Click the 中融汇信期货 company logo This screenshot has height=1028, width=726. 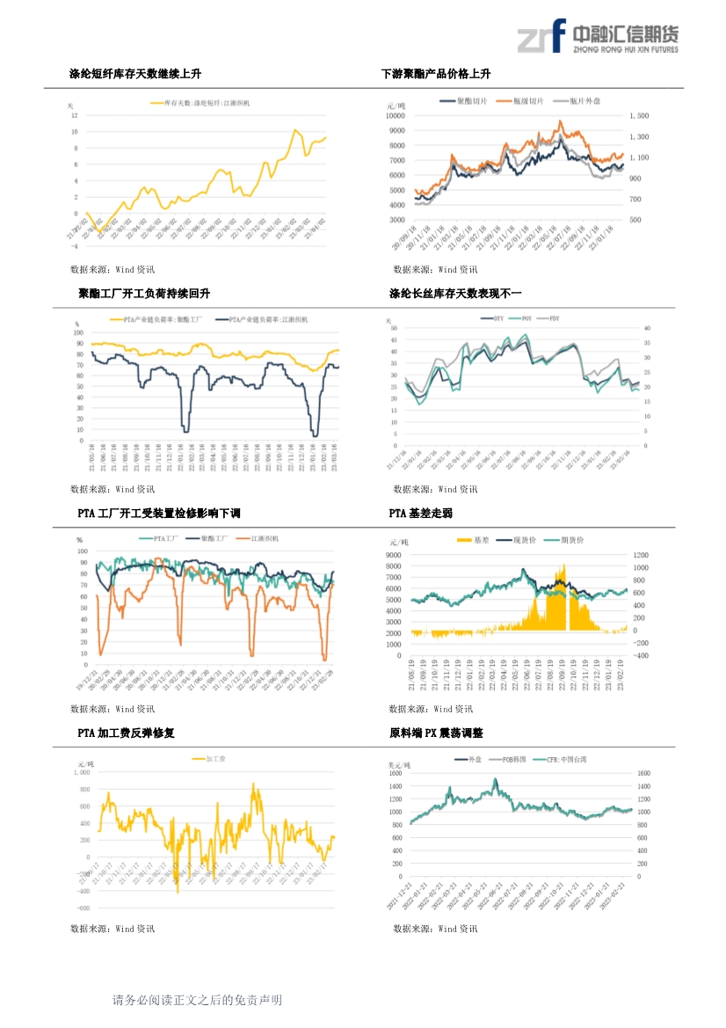coord(597,38)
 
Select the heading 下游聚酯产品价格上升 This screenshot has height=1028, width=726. coord(436,74)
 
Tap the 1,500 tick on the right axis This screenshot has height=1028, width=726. coord(639,115)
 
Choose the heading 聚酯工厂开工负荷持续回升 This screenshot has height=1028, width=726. coord(145,293)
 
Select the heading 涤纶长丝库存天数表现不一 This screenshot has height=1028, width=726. coord(455,293)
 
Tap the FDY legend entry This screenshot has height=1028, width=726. coord(554,317)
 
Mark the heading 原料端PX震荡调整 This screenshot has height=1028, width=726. coord(436,733)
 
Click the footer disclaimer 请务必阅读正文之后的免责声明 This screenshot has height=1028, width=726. coord(198,1000)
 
